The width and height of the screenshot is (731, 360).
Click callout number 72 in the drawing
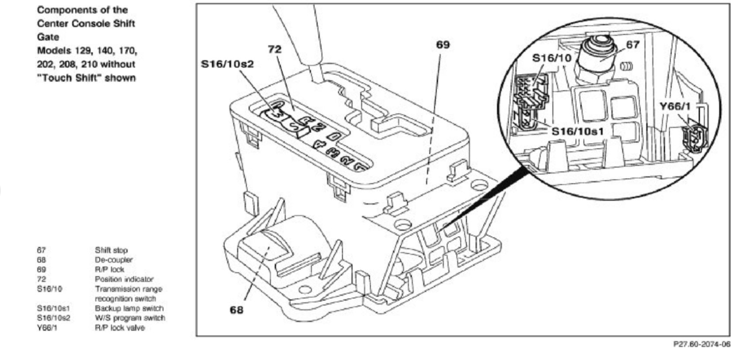tap(275, 49)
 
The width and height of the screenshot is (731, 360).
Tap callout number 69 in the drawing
tap(443, 45)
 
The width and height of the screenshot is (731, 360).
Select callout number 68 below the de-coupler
tap(237, 310)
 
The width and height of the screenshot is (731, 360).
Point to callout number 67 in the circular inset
tap(633, 45)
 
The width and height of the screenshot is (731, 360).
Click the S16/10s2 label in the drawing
tap(227, 64)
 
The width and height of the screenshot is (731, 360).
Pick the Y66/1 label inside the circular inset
tap(675, 106)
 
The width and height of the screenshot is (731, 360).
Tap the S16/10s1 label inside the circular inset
tap(577, 131)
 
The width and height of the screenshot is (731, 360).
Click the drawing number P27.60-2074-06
tap(701, 344)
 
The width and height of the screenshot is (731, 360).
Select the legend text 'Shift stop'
tap(111, 250)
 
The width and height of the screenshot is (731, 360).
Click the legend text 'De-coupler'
tap(113, 260)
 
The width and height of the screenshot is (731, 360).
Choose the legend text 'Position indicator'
tap(124, 279)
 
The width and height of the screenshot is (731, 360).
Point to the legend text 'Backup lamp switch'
tap(129, 308)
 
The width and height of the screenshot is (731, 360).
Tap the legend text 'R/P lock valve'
tap(120, 328)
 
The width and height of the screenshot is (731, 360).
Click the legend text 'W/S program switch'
tap(130, 318)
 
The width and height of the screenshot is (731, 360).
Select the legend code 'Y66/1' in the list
tap(47, 328)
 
